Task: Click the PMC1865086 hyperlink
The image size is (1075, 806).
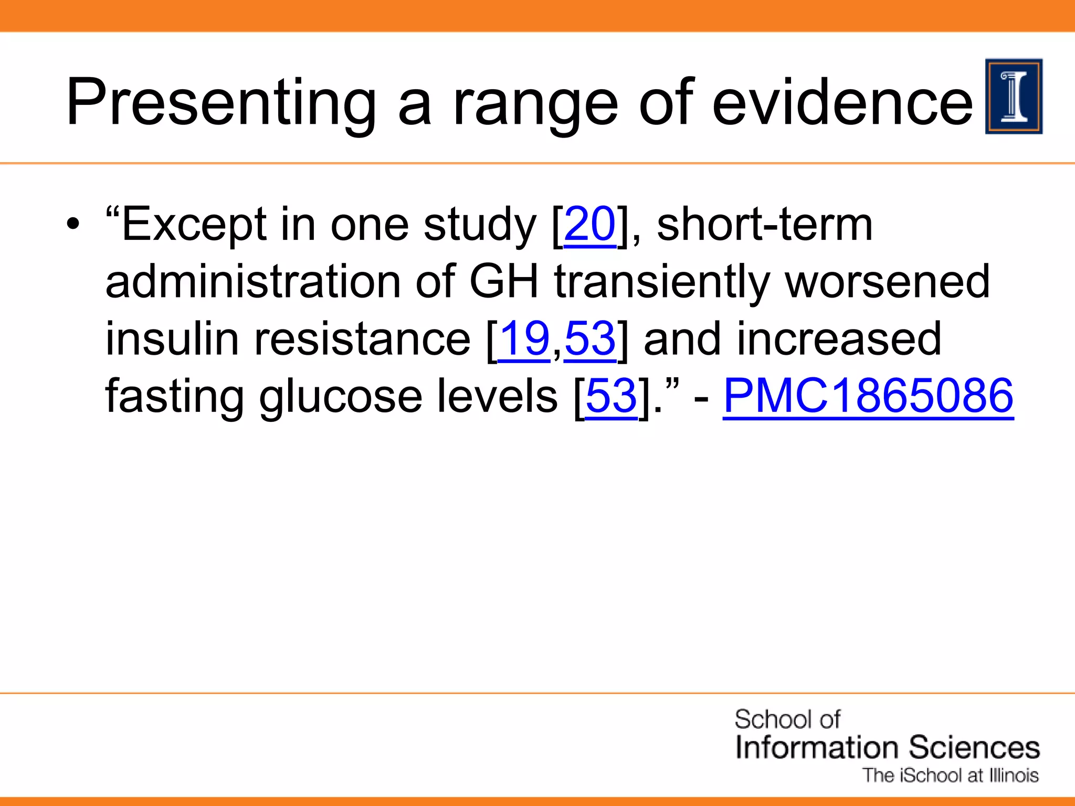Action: (868, 396)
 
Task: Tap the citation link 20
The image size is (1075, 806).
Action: (589, 225)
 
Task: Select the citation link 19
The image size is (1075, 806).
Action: (523, 339)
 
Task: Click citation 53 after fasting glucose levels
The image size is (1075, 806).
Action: (611, 396)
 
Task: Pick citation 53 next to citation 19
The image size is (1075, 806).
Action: (590, 339)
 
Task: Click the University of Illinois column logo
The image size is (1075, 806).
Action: (1014, 97)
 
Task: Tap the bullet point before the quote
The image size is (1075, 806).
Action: (73, 226)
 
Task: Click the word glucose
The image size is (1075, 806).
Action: (340, 397)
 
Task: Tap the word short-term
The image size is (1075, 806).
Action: (764, 225)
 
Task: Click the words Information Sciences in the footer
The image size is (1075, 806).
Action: (887, 747)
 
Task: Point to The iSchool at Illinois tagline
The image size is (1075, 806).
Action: (951, 776)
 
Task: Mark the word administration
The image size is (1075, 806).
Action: (253, 282)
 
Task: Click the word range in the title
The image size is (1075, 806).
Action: (535, 104)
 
